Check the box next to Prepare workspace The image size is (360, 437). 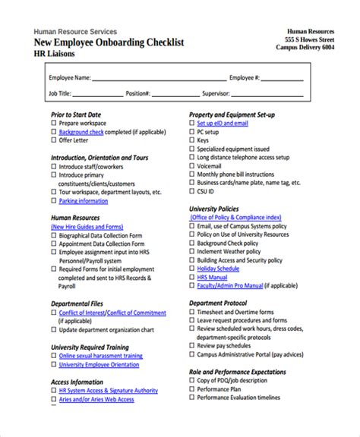coord(54,123)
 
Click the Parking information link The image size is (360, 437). coord(84,201)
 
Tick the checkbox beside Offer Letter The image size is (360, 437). coord(54,140)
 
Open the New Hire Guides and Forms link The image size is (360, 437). coord(86,226)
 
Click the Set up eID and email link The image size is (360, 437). coord(223,123)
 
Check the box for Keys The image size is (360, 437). coord(191,140)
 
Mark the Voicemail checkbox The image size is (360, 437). coord(191,166)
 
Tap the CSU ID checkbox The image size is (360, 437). coord(191,192)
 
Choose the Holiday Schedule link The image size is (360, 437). coord(218,269)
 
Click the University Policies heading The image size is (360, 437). coord(213,209)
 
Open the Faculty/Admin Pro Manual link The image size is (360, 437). coord(230,286)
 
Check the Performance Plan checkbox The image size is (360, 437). coord(191,388)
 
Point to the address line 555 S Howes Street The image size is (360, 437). coord(309,39)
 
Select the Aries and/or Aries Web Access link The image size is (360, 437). coord(96,399)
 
